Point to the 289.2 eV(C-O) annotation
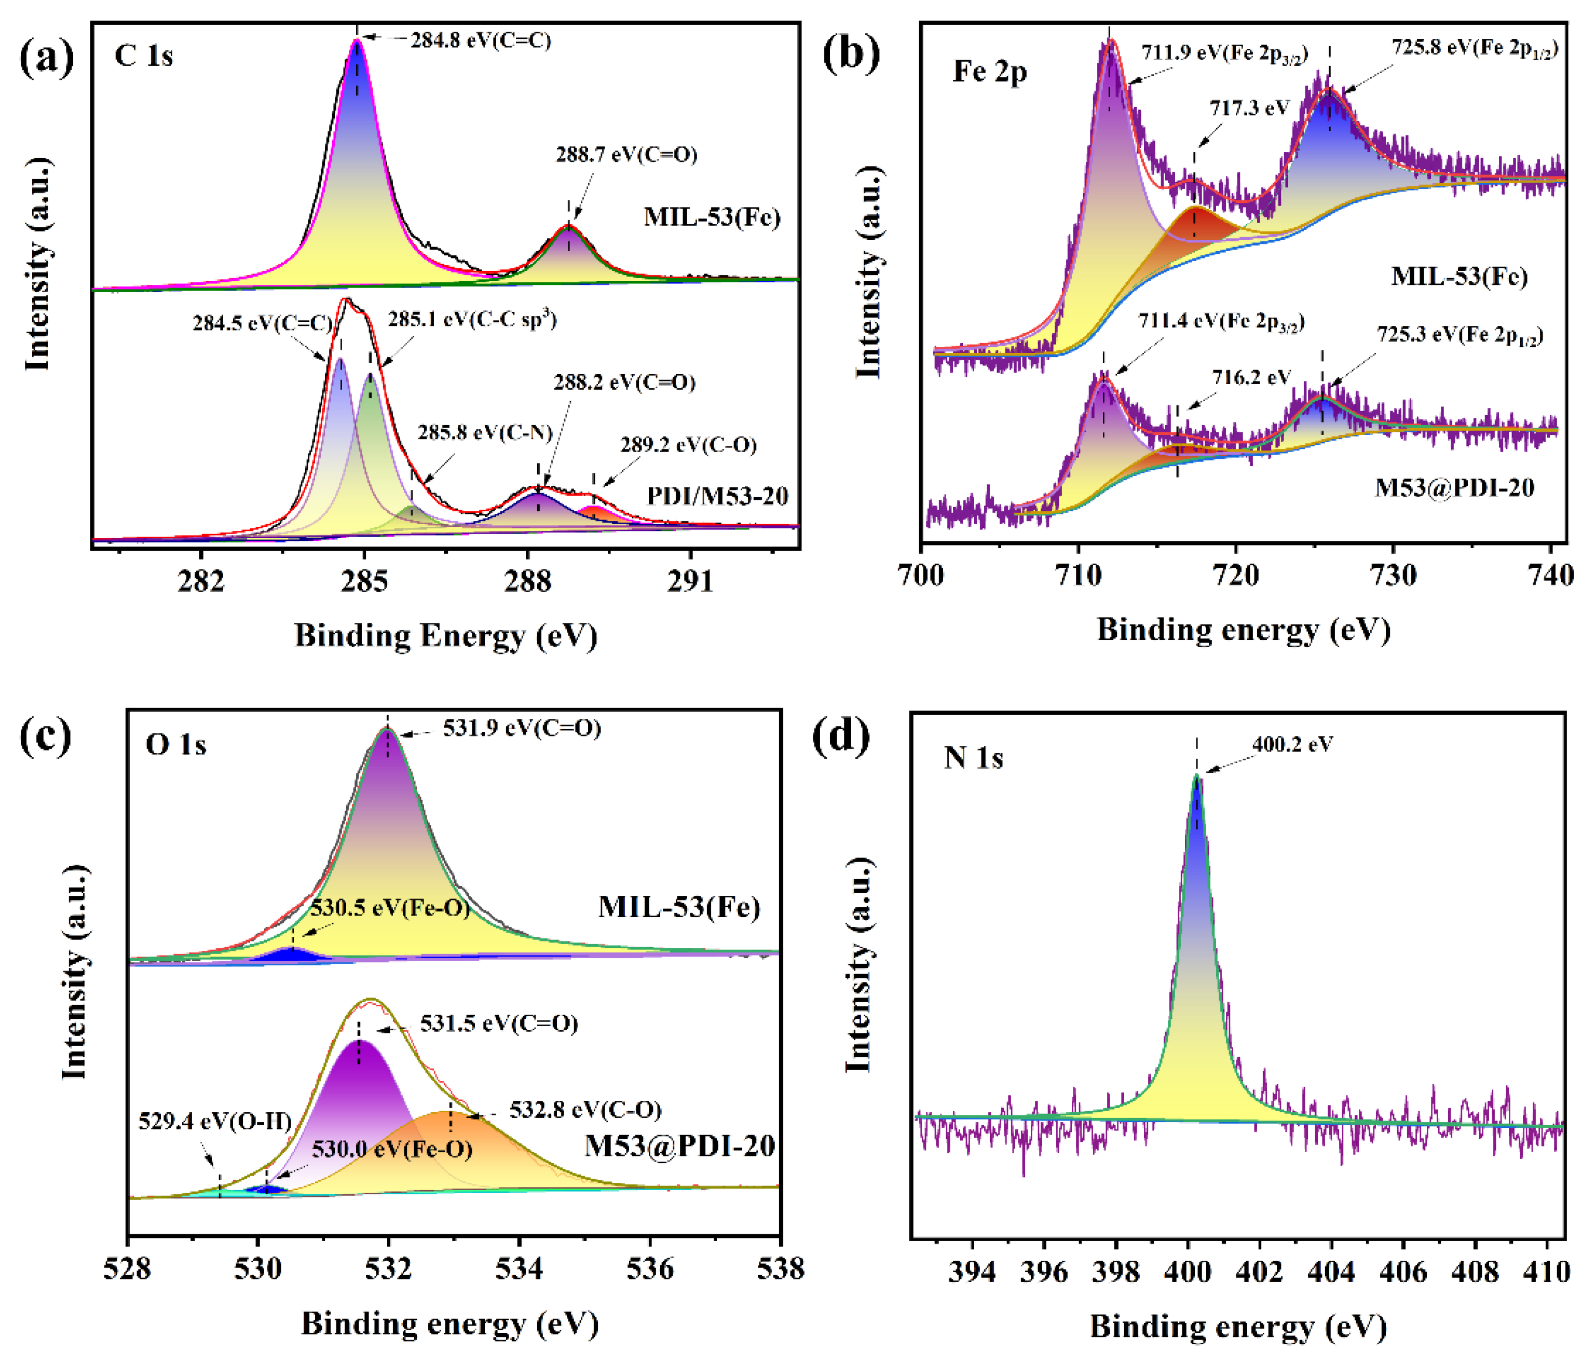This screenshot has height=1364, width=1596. click(688, 445)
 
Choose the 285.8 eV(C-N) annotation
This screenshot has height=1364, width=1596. click(485, 433)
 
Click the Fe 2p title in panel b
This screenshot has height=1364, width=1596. click(990, 72)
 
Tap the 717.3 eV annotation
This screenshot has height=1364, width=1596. click(1249, 108)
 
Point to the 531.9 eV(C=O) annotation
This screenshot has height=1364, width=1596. click(522, 728)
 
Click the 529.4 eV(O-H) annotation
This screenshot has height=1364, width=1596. click(215, 1122)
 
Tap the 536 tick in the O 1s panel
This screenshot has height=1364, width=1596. click(650, 1268)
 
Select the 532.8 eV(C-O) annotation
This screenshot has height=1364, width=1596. click(585, 1110)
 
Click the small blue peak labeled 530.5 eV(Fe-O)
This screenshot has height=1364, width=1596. click(291, 955)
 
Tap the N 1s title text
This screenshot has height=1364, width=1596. click(974, 759)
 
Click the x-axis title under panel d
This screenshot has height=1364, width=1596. click(1238, 1327)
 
